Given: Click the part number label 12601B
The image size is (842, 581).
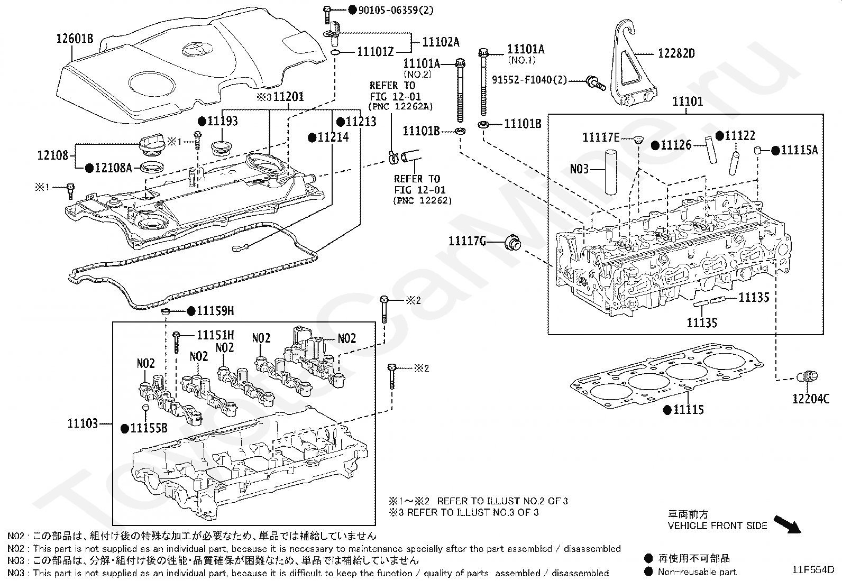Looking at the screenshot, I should (75, 38).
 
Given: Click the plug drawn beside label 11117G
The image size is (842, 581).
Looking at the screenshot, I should (512, 243).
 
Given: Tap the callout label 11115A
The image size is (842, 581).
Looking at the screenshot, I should (799, 151).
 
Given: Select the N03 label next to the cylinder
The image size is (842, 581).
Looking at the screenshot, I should (579, 169).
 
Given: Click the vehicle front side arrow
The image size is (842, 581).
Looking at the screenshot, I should (788, 524).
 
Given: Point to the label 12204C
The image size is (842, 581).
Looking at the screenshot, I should (811, 399).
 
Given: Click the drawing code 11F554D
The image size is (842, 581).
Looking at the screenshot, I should (812, 570).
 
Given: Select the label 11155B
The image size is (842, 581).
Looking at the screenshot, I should (149, 428).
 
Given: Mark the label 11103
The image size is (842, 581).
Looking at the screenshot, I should (83, 423).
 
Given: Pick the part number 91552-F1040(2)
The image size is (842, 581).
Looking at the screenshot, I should (529, 80).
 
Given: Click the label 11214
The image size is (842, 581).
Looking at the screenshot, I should (333, 137).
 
